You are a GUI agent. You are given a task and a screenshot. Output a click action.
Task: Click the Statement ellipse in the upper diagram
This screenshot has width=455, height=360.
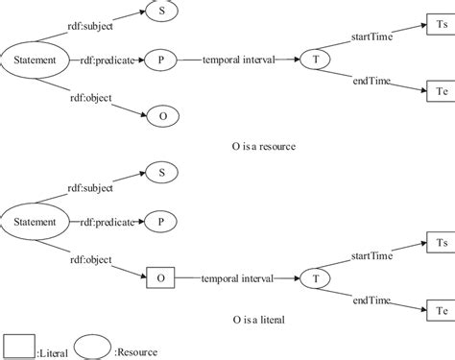point(34,60)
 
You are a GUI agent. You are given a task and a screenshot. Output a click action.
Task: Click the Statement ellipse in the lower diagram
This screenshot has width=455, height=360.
point(34,222)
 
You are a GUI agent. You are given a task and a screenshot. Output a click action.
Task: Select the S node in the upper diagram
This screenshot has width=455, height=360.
point(162,12)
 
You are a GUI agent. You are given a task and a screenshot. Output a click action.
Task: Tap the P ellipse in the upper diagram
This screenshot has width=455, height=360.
point(162,60)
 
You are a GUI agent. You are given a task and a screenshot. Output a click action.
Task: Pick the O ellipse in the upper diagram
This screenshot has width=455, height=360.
point(162,117)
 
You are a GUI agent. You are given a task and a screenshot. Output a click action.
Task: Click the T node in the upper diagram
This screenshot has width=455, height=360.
point(313,60)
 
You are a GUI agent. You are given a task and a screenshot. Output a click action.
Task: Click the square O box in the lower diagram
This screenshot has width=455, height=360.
point(161,278)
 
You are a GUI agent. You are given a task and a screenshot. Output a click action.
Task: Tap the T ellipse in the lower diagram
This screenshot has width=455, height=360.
point(313,278)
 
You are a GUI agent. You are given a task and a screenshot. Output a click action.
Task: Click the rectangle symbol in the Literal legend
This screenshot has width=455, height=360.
point(19,346)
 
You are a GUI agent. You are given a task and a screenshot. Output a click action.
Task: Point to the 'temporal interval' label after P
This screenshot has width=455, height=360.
point(238,60)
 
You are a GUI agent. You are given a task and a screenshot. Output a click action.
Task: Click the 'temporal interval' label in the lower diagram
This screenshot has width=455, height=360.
point(238,278)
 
